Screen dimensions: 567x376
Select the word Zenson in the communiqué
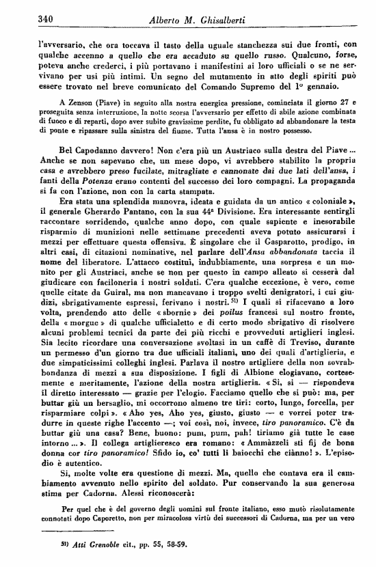66,101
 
